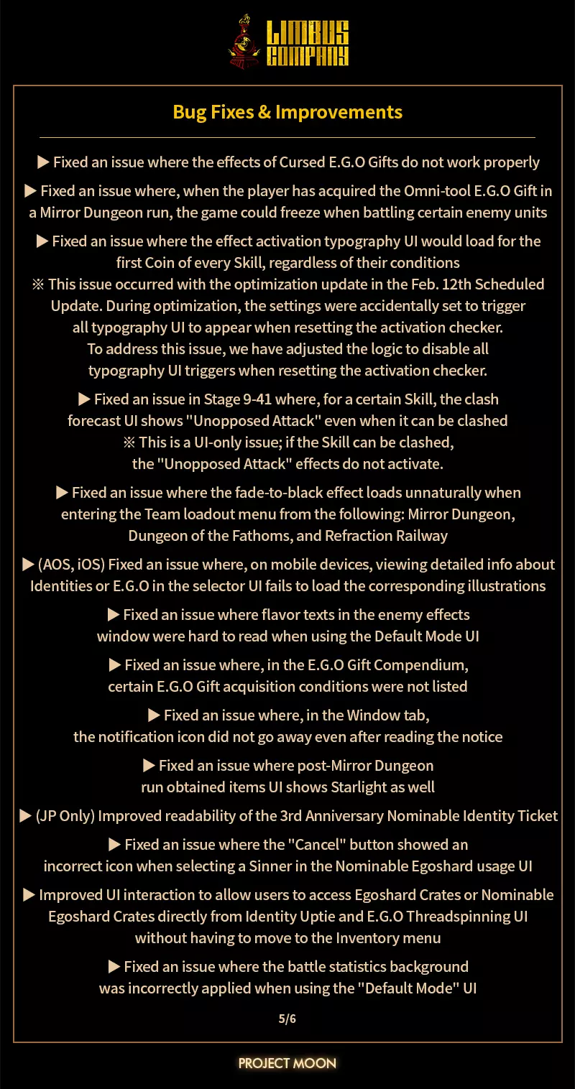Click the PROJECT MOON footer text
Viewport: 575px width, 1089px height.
pyautogui.click(x=287, y=1062)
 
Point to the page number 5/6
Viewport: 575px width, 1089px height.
pyautogui.click(x=287, y=1019)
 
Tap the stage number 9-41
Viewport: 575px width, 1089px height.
pyautogui.click(x=226, y=399)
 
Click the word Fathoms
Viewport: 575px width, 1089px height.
pyautogui.click(x=258, y=536)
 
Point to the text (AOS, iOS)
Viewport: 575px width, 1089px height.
pyautogui.click(x=70, y=565)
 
